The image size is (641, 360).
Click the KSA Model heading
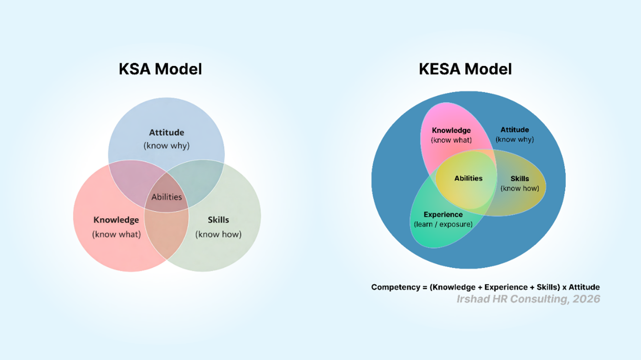[160, 69]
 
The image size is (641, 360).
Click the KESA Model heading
[465, 69]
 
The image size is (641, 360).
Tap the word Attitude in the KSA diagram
[167, 133]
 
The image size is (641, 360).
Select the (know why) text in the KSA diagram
[167, 145]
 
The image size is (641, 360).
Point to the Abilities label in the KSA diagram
[167, 197]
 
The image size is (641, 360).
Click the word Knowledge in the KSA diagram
[116, 220]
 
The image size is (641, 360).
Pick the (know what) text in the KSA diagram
[116, 235]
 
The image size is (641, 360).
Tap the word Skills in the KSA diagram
[218, 220]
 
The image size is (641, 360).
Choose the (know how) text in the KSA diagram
[218, 235]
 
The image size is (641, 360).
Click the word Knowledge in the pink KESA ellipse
[451, 131]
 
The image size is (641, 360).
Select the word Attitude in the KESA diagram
[514, 130]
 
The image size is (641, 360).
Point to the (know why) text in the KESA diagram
[514, 139]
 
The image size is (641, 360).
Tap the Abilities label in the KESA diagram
[468, 179]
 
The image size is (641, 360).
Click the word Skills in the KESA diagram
[520, 179]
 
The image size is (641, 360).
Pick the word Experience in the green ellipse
[443, 215]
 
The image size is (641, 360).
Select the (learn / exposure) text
[443, 224]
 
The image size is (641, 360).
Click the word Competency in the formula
[395, 287]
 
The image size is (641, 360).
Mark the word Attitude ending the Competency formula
[584, 287]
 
